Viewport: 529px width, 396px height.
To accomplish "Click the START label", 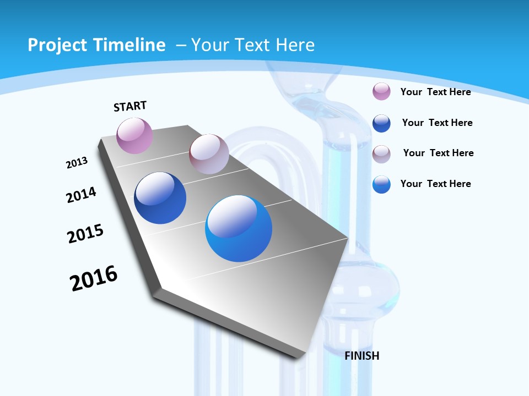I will point(130,106).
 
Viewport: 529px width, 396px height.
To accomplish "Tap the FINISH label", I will point(362,356).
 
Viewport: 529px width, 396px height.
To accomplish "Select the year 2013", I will point(77,163).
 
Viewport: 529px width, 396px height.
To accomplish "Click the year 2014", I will point(81,195).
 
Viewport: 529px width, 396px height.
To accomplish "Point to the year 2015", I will point(85,233).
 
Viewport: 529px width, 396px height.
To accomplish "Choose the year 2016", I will point(94,278).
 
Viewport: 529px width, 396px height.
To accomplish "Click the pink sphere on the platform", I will point(134,135).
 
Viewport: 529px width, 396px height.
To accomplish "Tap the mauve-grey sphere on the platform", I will point(209,154).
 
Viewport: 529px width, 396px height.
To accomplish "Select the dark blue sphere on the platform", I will point(160,198).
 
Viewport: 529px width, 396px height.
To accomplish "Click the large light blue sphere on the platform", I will point(239,228).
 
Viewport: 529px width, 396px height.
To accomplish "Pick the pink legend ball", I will point(381,91).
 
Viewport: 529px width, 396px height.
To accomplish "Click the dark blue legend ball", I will point(381,123).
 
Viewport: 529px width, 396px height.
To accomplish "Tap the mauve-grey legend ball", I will point(381,154).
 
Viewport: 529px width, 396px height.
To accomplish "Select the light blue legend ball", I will point(381,184).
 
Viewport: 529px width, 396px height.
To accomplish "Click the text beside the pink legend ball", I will point(435,92).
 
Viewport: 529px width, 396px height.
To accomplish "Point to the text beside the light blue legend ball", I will point(435,184).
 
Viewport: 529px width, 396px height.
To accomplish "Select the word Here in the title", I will point(295,45).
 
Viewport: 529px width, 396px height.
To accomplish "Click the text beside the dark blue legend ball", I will point(437,123).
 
